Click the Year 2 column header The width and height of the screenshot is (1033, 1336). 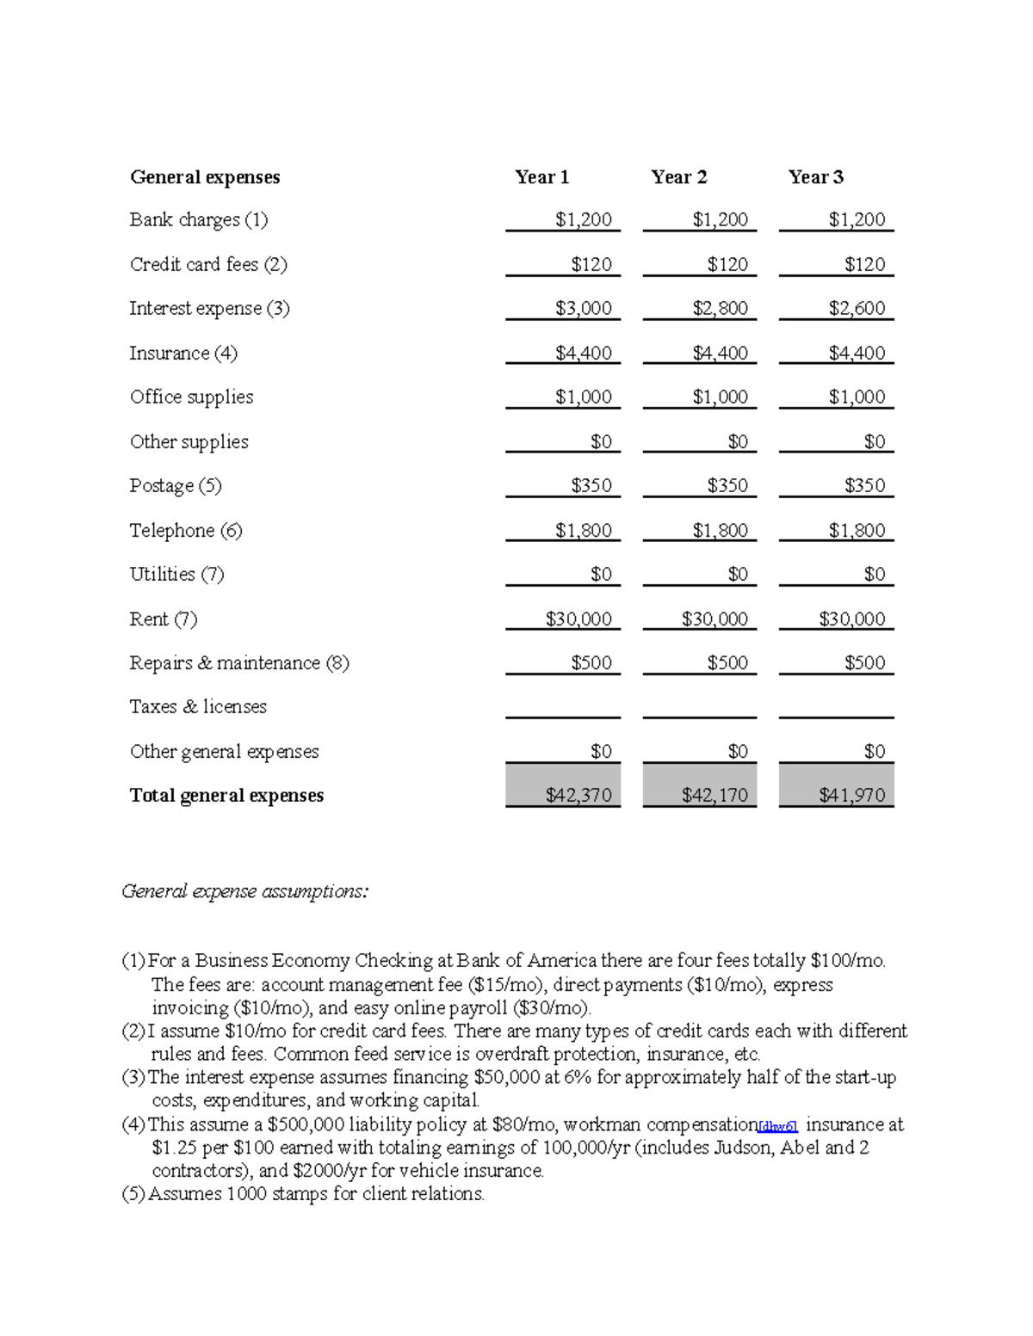tap(678, 177)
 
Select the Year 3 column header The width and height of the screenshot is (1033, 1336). tap(815, 177)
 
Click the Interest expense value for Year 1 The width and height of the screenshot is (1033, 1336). tap(583, 308)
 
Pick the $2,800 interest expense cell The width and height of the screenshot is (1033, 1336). tap(720, 308)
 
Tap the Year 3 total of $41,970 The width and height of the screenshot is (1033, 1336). tap(851, 795)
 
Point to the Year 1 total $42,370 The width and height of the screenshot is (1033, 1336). tap(578, 795)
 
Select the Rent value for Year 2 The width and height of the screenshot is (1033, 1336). tap(714, 619)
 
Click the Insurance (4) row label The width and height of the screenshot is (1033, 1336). tap(183, 353)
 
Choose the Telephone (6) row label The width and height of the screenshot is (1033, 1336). tap(186, 530)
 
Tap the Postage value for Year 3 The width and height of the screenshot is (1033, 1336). tap(864, 485)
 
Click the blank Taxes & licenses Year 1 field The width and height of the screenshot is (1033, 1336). tap(562, 706)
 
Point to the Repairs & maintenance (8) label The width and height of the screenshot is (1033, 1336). tap(239, 662)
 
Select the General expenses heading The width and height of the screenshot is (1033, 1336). tap(205, 177)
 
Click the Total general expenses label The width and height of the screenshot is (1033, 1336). tap(226, 795)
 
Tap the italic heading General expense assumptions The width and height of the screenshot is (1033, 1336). tap(245, 891)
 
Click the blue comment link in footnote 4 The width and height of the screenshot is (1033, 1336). tap(777, 1126)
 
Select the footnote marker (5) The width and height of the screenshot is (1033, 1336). tap(133, 1194)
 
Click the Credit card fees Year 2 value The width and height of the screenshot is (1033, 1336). tap(727, 264)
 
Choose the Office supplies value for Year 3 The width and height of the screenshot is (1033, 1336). tap(857, 397)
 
